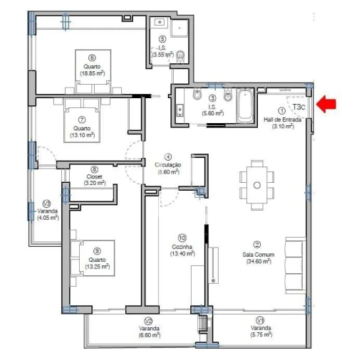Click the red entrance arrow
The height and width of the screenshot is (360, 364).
coord(326,105)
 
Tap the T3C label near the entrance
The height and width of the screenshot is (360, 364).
coord(300,108)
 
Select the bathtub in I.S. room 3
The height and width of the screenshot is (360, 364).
coord(244,105)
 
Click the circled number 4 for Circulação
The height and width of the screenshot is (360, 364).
coord(168,157)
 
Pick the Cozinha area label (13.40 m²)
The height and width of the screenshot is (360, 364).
coord(182,253)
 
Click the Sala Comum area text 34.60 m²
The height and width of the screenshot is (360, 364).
coord(257,262)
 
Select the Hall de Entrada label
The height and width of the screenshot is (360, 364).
coord(282,120)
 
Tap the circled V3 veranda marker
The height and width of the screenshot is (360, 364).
coord(47,201)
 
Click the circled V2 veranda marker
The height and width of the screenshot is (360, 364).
coord(149,320)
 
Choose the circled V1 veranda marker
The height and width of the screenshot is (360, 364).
coord(261,320)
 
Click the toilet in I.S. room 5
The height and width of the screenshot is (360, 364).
coord(180,55)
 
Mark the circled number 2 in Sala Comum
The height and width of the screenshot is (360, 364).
coord(257,243)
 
